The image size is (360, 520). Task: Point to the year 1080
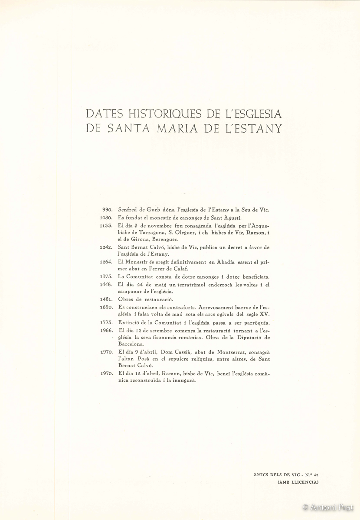(106, 218)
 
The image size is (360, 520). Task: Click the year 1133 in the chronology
(106, 226)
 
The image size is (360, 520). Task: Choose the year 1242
(106, 247)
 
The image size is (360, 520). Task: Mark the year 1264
(106, 262)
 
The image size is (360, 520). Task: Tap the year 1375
(106, 277)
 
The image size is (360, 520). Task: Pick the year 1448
(106, 285)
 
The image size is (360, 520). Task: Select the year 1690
(106, 307)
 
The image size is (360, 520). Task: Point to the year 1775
(106, 323)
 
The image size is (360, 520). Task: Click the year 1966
(106, 330)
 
